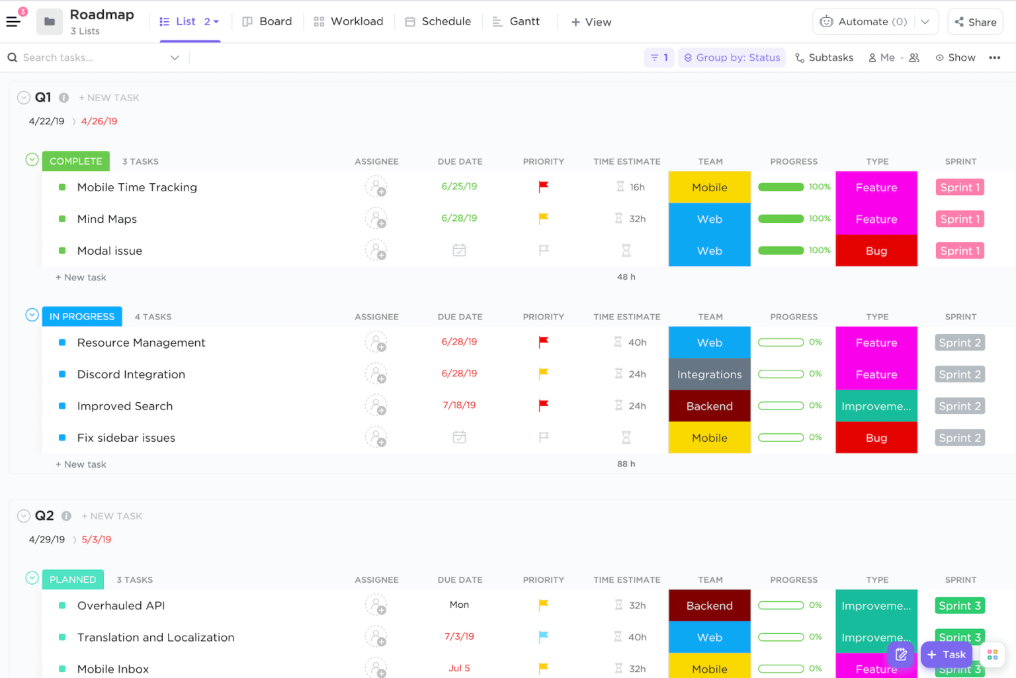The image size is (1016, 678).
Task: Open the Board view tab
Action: [267, 22]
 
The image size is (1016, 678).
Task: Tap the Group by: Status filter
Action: [732, 58]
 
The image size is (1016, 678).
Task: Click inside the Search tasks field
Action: [93, 58]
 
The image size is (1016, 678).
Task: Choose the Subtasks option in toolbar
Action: [824, 58]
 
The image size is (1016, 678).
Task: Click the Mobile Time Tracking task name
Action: [137, 187]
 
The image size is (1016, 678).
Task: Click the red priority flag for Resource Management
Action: [543, 342]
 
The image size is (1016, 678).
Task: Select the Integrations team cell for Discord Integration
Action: [709, 374]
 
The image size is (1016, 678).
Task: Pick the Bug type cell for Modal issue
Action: [876, 251]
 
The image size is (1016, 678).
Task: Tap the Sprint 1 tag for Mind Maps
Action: [960, 219]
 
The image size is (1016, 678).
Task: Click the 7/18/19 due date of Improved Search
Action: [459, 405]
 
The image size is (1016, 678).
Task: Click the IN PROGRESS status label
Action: [82, 316]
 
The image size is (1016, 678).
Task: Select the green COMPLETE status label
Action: [75, 161]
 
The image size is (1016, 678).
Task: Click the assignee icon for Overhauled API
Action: [376, 605]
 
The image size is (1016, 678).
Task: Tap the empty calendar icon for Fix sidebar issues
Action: [459, 437]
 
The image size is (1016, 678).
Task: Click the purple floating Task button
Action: [947, 654]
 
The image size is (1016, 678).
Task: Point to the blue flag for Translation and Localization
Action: [543, 636]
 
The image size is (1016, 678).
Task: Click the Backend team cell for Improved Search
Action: [709, 406]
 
